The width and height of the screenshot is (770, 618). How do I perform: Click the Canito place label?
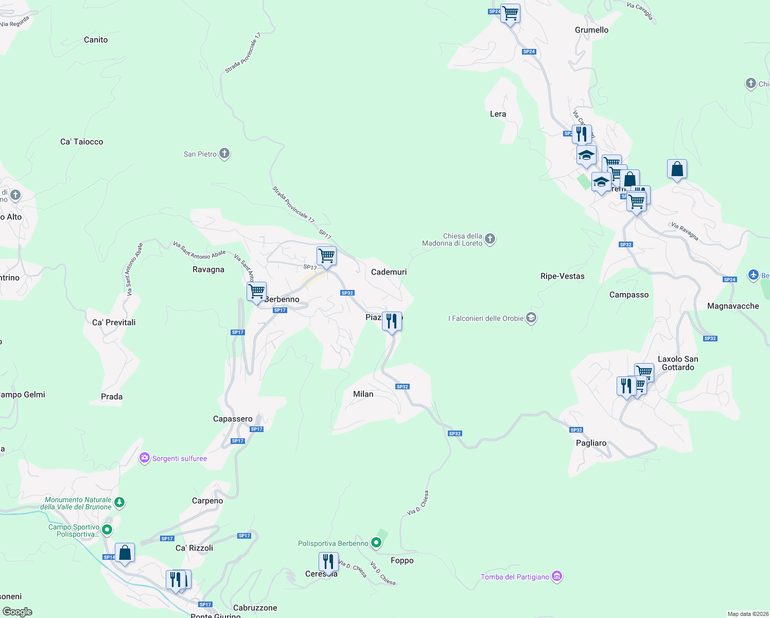point(96,40)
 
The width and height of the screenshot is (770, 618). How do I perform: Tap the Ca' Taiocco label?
point(82,142)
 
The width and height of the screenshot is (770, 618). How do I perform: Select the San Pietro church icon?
point(224,153)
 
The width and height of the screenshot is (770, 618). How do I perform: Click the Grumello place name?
point(591,30)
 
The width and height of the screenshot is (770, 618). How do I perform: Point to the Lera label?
point(498,114)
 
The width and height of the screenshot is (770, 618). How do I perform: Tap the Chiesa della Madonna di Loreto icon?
point(490,238)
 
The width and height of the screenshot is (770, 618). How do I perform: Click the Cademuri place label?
point(389,272)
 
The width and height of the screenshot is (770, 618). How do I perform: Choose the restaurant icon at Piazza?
point(392,321)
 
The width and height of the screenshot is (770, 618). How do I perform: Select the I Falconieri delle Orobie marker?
point(531,318)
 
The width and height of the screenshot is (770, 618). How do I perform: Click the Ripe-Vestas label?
point(563,276)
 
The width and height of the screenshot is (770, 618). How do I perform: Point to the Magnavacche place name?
point(733,306)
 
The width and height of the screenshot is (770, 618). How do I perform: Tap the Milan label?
point(363,394)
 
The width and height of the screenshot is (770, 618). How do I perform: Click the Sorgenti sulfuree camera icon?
point(145,458)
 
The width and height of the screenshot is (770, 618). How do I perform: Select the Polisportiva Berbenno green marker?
point(376,543)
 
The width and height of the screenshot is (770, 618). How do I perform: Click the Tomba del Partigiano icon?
point(557,576)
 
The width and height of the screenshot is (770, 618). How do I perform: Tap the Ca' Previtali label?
point(114,322)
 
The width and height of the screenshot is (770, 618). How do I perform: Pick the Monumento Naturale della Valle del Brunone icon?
point(119,502)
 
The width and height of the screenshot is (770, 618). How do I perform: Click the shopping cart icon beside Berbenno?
point(256,292)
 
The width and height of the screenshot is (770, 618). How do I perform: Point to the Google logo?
point(17,612)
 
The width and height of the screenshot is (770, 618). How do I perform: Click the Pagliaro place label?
point(591,443)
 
